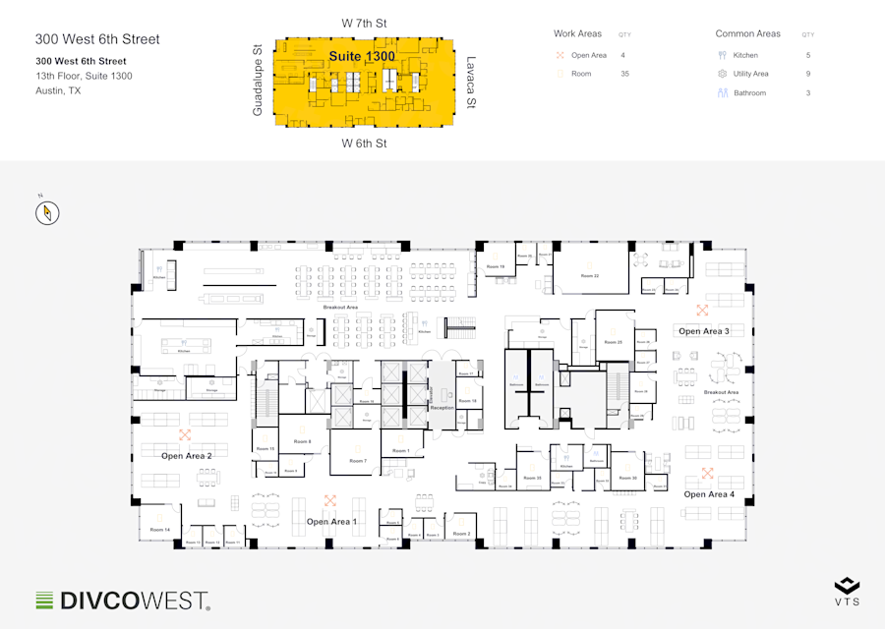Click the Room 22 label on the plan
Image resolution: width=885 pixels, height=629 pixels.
(x=589, y=276)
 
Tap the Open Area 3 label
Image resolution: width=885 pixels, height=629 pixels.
(x=704, y=331)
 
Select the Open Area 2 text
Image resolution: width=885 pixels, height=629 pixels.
(x=187, y=456)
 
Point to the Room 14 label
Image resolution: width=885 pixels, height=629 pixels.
(x=160, y=531)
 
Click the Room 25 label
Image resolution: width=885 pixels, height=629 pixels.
(x=613, y=342)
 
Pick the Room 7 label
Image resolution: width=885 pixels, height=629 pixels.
(x=358, y=461)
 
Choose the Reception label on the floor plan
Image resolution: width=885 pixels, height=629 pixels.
(x=442, y=407)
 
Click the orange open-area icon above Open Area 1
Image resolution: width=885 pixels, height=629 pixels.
(x=330, y=499)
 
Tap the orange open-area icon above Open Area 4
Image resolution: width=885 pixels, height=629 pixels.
(x=707, y=473)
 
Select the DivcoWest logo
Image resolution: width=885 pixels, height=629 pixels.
(x=122, y=600)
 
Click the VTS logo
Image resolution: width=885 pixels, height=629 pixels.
(x=847, y=591)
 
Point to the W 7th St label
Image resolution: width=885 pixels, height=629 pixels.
(x=364, y=23)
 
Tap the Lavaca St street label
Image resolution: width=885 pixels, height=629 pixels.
(x=471, y=82)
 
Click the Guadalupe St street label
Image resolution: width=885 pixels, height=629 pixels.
(x=258, y=81)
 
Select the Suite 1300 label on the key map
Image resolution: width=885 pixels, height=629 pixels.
(x=362, y=56)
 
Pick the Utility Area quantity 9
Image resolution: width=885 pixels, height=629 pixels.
(x=808, y=74)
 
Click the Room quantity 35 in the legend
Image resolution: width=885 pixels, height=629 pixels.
(x=624, y=74)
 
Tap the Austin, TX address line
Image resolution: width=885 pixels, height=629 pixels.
(x=58, y=90)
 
